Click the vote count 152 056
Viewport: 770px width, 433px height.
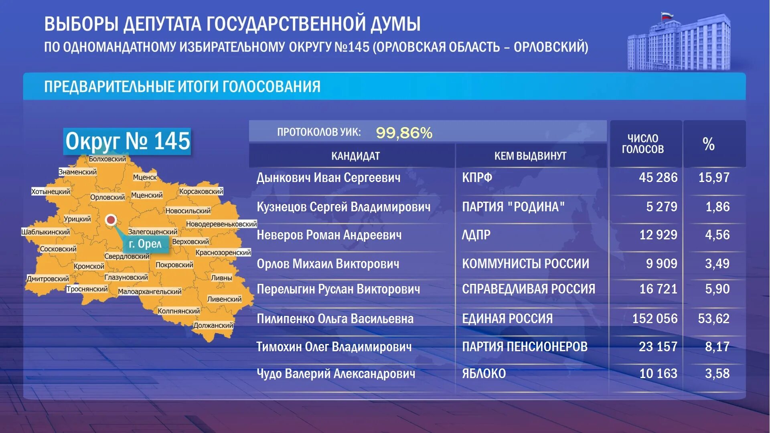coord(654,319)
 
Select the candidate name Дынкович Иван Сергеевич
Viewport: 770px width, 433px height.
coord(328,178)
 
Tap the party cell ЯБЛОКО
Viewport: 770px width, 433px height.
coord(484,374)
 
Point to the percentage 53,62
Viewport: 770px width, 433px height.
coord(713,319)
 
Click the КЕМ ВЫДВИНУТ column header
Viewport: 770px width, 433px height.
coord(530,156)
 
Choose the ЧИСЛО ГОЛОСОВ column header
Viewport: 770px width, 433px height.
coord(643,144)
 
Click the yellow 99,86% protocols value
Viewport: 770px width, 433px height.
coord(404,133)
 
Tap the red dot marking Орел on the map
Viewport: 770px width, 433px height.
coord(111,220)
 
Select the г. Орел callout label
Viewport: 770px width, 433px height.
coord(145,244)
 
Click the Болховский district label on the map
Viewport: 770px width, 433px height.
coord(107,159)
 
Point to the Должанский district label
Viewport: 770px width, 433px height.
coord(213,325)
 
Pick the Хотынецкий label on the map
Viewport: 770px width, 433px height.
coord(51,192)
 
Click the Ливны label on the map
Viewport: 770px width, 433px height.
coord(221,277)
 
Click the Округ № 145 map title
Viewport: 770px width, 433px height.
coord(128,141)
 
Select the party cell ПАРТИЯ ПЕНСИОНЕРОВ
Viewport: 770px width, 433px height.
coord(525,347)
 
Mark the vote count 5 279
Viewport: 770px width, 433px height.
coord(661,207)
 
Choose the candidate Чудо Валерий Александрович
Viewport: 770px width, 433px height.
coord(336,374)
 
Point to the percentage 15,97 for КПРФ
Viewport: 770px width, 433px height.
coord(713,178)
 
